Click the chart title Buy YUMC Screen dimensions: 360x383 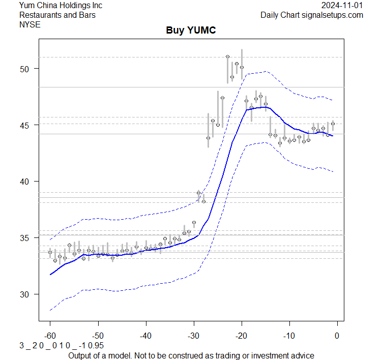(x=191, y=31)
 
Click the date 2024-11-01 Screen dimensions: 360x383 (x=343, y=6)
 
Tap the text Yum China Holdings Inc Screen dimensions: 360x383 (x=61, y=6)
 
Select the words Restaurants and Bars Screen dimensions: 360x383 (x=57, y=15)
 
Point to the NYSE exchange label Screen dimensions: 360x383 (x=31, y=24)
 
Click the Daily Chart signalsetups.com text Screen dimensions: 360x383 (x=312, y=15)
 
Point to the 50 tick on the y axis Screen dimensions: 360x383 (x=26, y=69)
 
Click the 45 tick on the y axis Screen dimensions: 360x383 (x=26, y=125)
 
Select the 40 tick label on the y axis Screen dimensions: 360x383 (x=26, y=182)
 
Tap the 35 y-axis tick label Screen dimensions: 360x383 (x=26, y=238)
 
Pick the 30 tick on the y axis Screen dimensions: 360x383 (x=26, y=294)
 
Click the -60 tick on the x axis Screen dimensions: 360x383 (x=50, y=336)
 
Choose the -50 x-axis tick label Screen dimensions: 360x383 (x=98, y=336)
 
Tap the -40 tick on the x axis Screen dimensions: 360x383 (x=145, y=336)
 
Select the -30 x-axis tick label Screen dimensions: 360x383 (x=193, y=336)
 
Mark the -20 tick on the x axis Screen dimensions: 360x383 (x=241, y=336)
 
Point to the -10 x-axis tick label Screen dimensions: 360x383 (x=289, y=336)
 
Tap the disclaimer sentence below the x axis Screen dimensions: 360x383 (x=191, y=355)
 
